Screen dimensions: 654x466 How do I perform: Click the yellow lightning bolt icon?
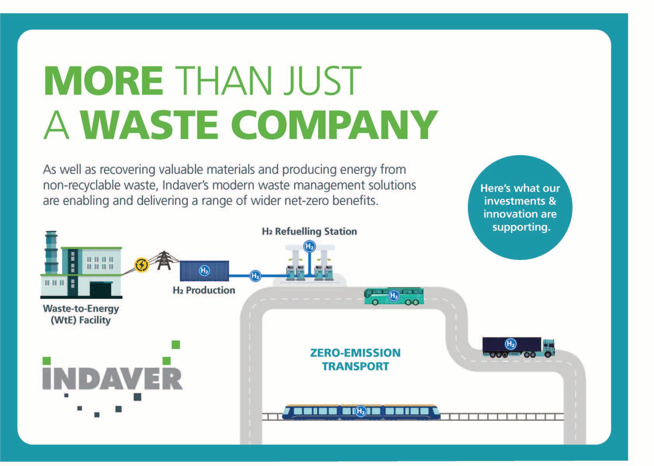142,265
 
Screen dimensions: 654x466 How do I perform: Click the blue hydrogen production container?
204,270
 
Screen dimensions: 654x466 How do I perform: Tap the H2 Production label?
204,290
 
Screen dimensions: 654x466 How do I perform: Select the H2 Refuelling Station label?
309,232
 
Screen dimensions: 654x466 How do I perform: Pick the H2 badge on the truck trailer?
510,344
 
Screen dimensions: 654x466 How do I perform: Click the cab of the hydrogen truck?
548,348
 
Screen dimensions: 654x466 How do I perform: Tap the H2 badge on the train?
361,411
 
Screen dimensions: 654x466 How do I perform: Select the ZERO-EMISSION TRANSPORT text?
355,359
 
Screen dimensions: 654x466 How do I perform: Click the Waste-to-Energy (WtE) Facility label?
81,314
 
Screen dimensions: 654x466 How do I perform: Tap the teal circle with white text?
520,208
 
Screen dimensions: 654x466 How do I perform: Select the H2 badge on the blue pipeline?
255,276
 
